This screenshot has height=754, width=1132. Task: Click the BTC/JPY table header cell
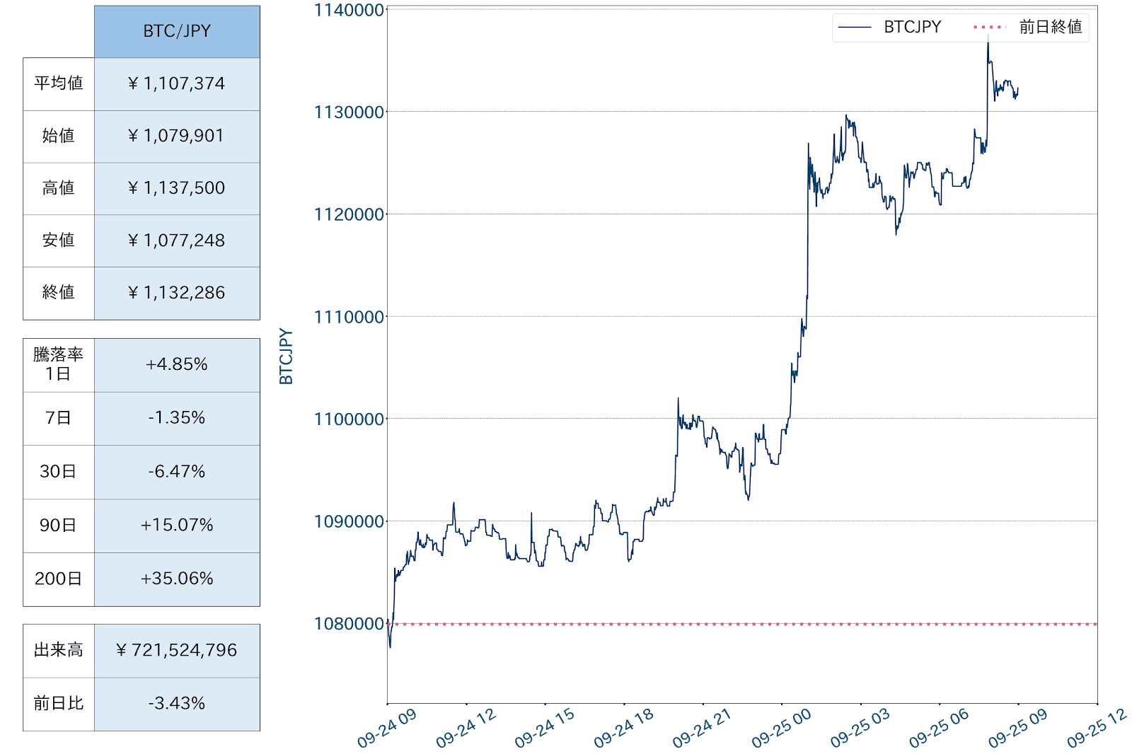pyautogui.click(x=177, y=32)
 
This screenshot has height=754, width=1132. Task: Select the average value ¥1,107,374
pyautogui.click(x=177, y=84)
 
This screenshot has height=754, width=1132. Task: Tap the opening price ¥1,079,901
pyautogui.click(x=177, y=136)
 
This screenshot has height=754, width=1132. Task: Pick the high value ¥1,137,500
pyautogui.click(x=177, y=188)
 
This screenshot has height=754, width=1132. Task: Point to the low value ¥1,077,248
pyautogui.click(x=177, y=240)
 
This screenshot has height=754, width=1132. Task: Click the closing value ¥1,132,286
pyautogui.click(x=177, y=293)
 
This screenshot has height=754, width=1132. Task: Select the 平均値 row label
pyautogui.click(x=59, y=84)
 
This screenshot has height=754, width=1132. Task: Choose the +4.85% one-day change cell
pyautogui.click(x=177, y=365)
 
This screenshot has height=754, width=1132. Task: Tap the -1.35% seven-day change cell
pyautogui.click(x=177, y=418)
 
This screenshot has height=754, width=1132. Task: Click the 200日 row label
pyautogui.click(x=59, y=579)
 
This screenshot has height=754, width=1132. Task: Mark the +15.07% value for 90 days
pyautogui.click(x=177, y=526)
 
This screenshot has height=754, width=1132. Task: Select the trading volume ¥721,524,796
pyautogui.click(x=177, y=651)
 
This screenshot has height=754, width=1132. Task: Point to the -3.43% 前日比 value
pyautogui.click(x=177, y=704)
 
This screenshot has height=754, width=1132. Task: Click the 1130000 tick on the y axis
pyautogui.click(x=349, y=112)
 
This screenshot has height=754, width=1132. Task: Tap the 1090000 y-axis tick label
pyautogui.click(x=349, y=522)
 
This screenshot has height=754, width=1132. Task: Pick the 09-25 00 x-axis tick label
pyautogui.click(x=781, y=729)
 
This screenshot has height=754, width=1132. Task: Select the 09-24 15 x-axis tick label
pyautogui.click(x=544, y=729)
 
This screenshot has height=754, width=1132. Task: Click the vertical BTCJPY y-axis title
pyautogui.click(x=286, y=356)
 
